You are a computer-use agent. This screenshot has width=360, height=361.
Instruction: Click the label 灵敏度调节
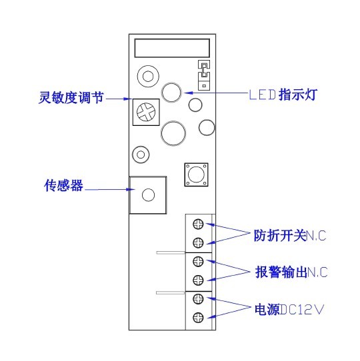71,98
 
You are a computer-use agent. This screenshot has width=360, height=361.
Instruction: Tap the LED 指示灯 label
283,95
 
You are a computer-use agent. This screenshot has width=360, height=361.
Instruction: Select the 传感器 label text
63,185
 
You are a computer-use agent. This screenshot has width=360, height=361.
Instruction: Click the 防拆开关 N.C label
290,235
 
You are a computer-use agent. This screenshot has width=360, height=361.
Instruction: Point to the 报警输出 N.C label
291,272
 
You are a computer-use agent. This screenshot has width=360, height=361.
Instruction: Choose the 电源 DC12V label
289,309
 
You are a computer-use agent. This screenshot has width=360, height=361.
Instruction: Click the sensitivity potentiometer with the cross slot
146,112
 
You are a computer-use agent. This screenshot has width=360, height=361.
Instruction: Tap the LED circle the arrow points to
171,92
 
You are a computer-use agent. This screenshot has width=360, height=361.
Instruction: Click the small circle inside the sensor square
148,194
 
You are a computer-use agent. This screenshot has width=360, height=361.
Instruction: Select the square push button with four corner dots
197,175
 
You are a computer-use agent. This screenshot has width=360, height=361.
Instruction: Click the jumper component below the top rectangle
204,75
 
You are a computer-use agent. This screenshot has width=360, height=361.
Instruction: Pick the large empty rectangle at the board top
172,48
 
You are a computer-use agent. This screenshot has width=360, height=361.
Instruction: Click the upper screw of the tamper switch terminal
198,224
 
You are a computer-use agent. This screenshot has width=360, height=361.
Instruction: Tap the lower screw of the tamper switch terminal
198,242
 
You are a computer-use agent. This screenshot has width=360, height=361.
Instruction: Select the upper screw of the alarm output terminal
198,262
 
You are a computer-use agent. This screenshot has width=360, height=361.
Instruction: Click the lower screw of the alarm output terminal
198,280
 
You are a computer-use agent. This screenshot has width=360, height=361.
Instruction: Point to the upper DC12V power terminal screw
198,299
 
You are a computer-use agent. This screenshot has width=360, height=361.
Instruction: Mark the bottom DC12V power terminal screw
198,318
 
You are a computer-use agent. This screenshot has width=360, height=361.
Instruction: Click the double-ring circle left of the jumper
148,76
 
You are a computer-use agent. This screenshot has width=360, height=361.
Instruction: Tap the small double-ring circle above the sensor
141,155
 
